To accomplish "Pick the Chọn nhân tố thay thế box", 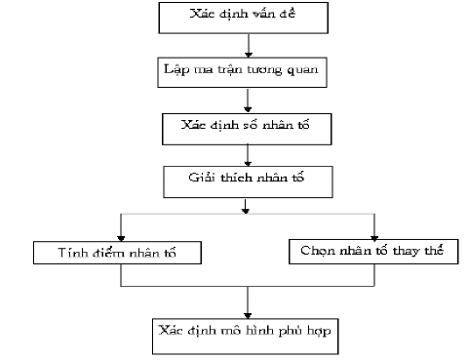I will pyautogui.click(x=373, y=251).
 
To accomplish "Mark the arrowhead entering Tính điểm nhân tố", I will pyautogui.click(x=120, y=236).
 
